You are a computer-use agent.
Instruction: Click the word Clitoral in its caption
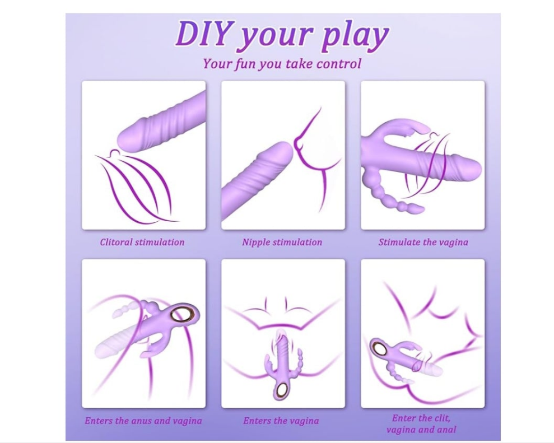point(117,242)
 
